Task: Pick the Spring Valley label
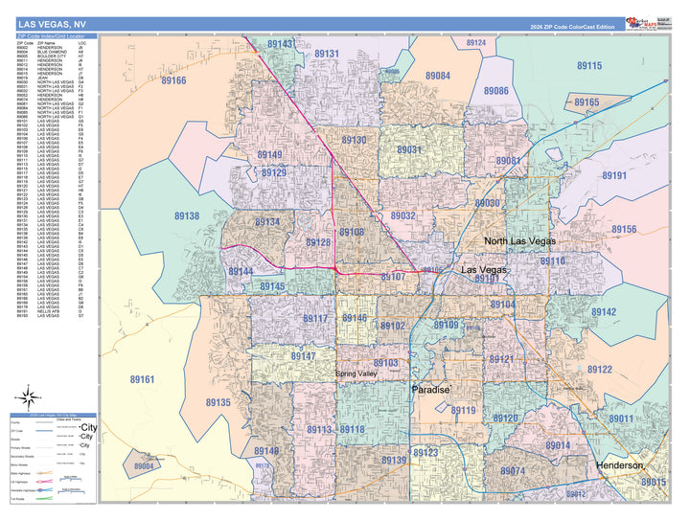pos(357,373)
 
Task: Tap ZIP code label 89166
pos(173,81)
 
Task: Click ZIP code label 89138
pos(187,216)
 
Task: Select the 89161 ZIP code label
pos(142,380)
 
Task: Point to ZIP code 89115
pos(589,66)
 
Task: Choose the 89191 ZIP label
pos(613,176)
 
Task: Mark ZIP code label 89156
pos(624,230)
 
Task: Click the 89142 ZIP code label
pos(604,313)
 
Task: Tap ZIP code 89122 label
pos(599,370)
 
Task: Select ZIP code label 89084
pos(438,76)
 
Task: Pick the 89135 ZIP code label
pos(218,403)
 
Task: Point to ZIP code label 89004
pos(144,466)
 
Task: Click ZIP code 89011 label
pos(620,418)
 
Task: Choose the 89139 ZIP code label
pos(394,461)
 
